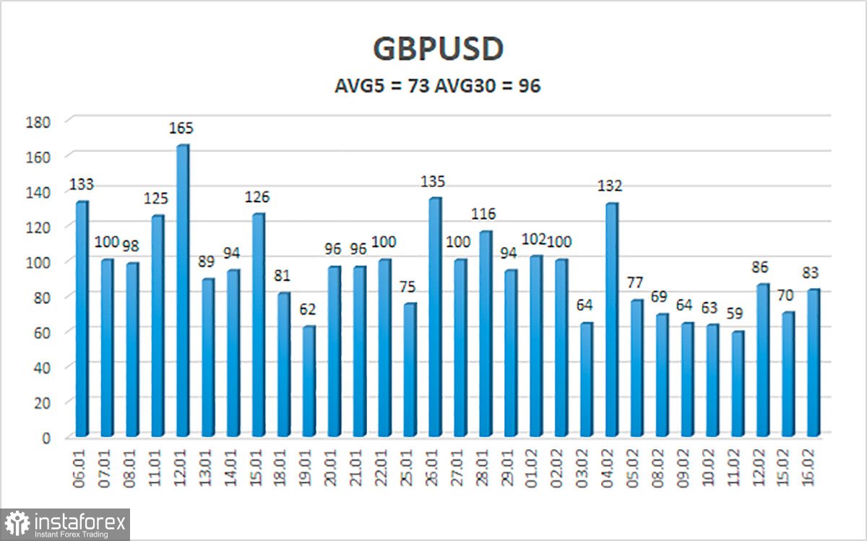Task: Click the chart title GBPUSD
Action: coord(438,49)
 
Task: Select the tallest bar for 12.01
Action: coord(182,291)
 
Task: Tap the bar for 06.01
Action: coord(81,319)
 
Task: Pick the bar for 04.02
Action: coord(611,320)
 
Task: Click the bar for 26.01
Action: coord(435,318)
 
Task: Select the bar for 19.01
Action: coord(309,381)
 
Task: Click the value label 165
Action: coord(182,129)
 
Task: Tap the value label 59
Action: coord(738,314)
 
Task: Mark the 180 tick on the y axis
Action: coord(39,121)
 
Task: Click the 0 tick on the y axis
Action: coord(45,437)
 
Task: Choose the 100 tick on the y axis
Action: coord(39,261)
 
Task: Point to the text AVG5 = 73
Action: coord(381,86)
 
